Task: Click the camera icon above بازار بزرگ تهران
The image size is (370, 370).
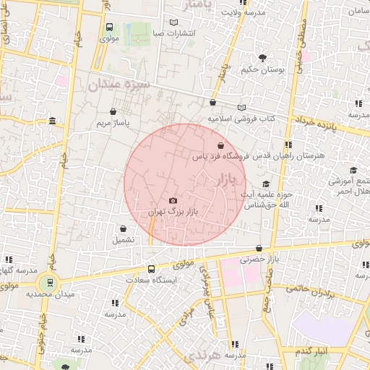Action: point(172,200)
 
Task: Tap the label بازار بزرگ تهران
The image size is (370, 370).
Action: point(173,212)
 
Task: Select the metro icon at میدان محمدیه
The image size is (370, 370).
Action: point(50,283)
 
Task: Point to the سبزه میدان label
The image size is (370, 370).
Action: point(119,85)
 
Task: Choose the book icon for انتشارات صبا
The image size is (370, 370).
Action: point(173,22)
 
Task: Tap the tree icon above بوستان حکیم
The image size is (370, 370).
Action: point(262,58)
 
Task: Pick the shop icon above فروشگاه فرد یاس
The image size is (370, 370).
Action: point(220,145)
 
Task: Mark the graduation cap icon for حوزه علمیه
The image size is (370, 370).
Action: point(266,184)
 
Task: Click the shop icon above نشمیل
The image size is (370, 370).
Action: point(123,228)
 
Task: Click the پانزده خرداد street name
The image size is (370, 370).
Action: point(317,123)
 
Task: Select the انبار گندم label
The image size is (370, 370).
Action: point(311,351)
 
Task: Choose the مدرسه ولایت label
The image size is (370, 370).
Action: point(243,13)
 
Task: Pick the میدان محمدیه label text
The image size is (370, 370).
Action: point(50,295)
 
